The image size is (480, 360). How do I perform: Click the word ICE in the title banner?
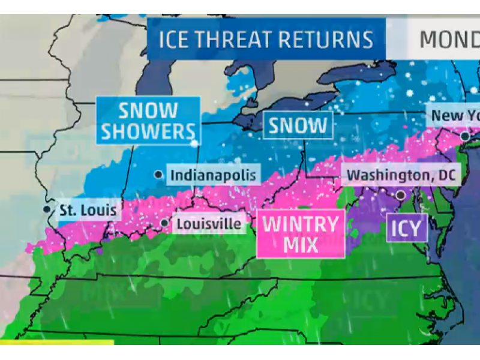click(x=175, y=40)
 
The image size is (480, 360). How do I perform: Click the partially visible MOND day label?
click(x=449, y=40)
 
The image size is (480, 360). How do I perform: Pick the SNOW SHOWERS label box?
click(x=148, y=121)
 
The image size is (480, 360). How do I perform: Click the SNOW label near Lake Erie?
click(x=298, y=125)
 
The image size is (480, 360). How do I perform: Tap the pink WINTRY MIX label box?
click(x=301, y=234)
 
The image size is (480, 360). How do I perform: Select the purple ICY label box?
click(x=407, y=227)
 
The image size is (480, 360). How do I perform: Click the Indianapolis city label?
click(x=214, y=175)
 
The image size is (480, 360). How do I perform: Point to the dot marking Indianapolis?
click(x=158, y=175)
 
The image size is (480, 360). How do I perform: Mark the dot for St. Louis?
click(x=47, y=209)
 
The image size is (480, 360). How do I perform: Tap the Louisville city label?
click(x=209, y=224)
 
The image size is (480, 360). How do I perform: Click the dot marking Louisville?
click(x=164, y=223)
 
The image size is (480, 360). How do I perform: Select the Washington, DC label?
click(x=401, y=176)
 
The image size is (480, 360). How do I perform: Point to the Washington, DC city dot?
click(x=400, y=195)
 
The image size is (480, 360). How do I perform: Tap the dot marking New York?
click(x=465, y=137)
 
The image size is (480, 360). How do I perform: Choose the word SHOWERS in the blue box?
click(x=148, y=131)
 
